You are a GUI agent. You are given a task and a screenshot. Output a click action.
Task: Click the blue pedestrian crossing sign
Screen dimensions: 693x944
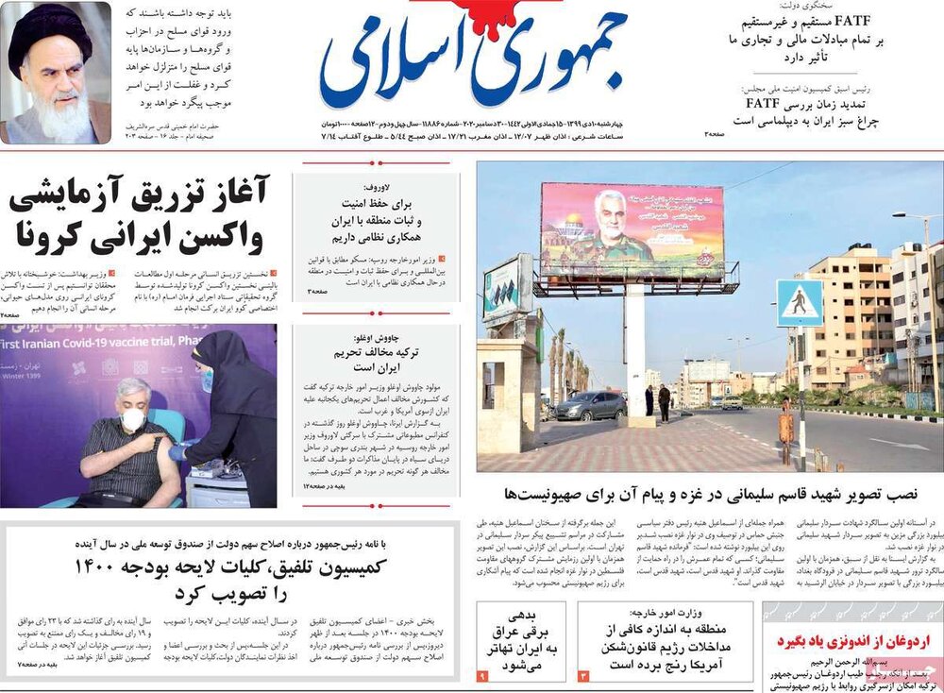(799, 302)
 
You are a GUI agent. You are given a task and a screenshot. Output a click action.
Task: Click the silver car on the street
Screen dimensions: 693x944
(591, 405)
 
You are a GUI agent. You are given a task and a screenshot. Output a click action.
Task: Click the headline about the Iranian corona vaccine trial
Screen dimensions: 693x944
(139, 214)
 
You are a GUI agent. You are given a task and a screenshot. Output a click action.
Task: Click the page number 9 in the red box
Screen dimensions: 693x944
(481, 676)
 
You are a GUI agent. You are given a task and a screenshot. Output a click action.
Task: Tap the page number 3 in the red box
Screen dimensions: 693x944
(582, 676)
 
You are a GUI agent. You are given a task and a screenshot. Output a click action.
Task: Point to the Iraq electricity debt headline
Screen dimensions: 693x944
(525, 638)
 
